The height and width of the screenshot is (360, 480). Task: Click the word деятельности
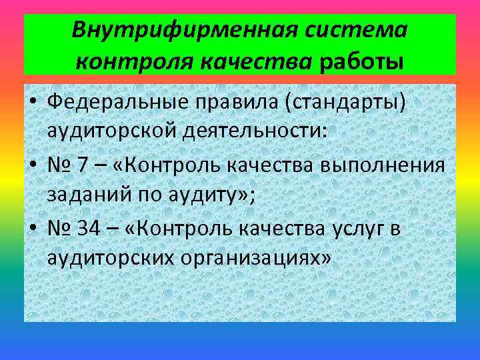pyautogui.click(x=257, y=131)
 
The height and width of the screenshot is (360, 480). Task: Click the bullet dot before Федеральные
pyautogui.click(x=33, y=102)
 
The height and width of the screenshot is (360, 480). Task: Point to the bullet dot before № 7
pyautogui.click(x=33, y=163)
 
